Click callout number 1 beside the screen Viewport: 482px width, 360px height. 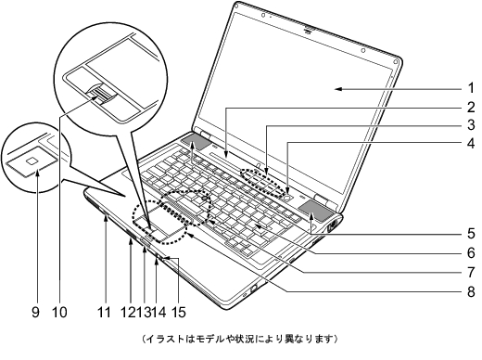tap(470, 89)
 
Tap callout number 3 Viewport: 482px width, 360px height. tap(470, 125)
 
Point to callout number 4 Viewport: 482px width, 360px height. tap(470, 144)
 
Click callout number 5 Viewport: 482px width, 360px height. tap(470, 232)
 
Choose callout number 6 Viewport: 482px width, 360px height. tap(470, 252)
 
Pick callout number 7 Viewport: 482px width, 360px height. tap(470, 272)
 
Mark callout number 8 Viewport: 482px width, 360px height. tap(470, 291)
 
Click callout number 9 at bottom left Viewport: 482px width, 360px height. tap(37, 312)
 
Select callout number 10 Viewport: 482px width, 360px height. tap(60, 312)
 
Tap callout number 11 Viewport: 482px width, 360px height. tap(104, 312)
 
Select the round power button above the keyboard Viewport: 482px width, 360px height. tap(290, 196)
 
